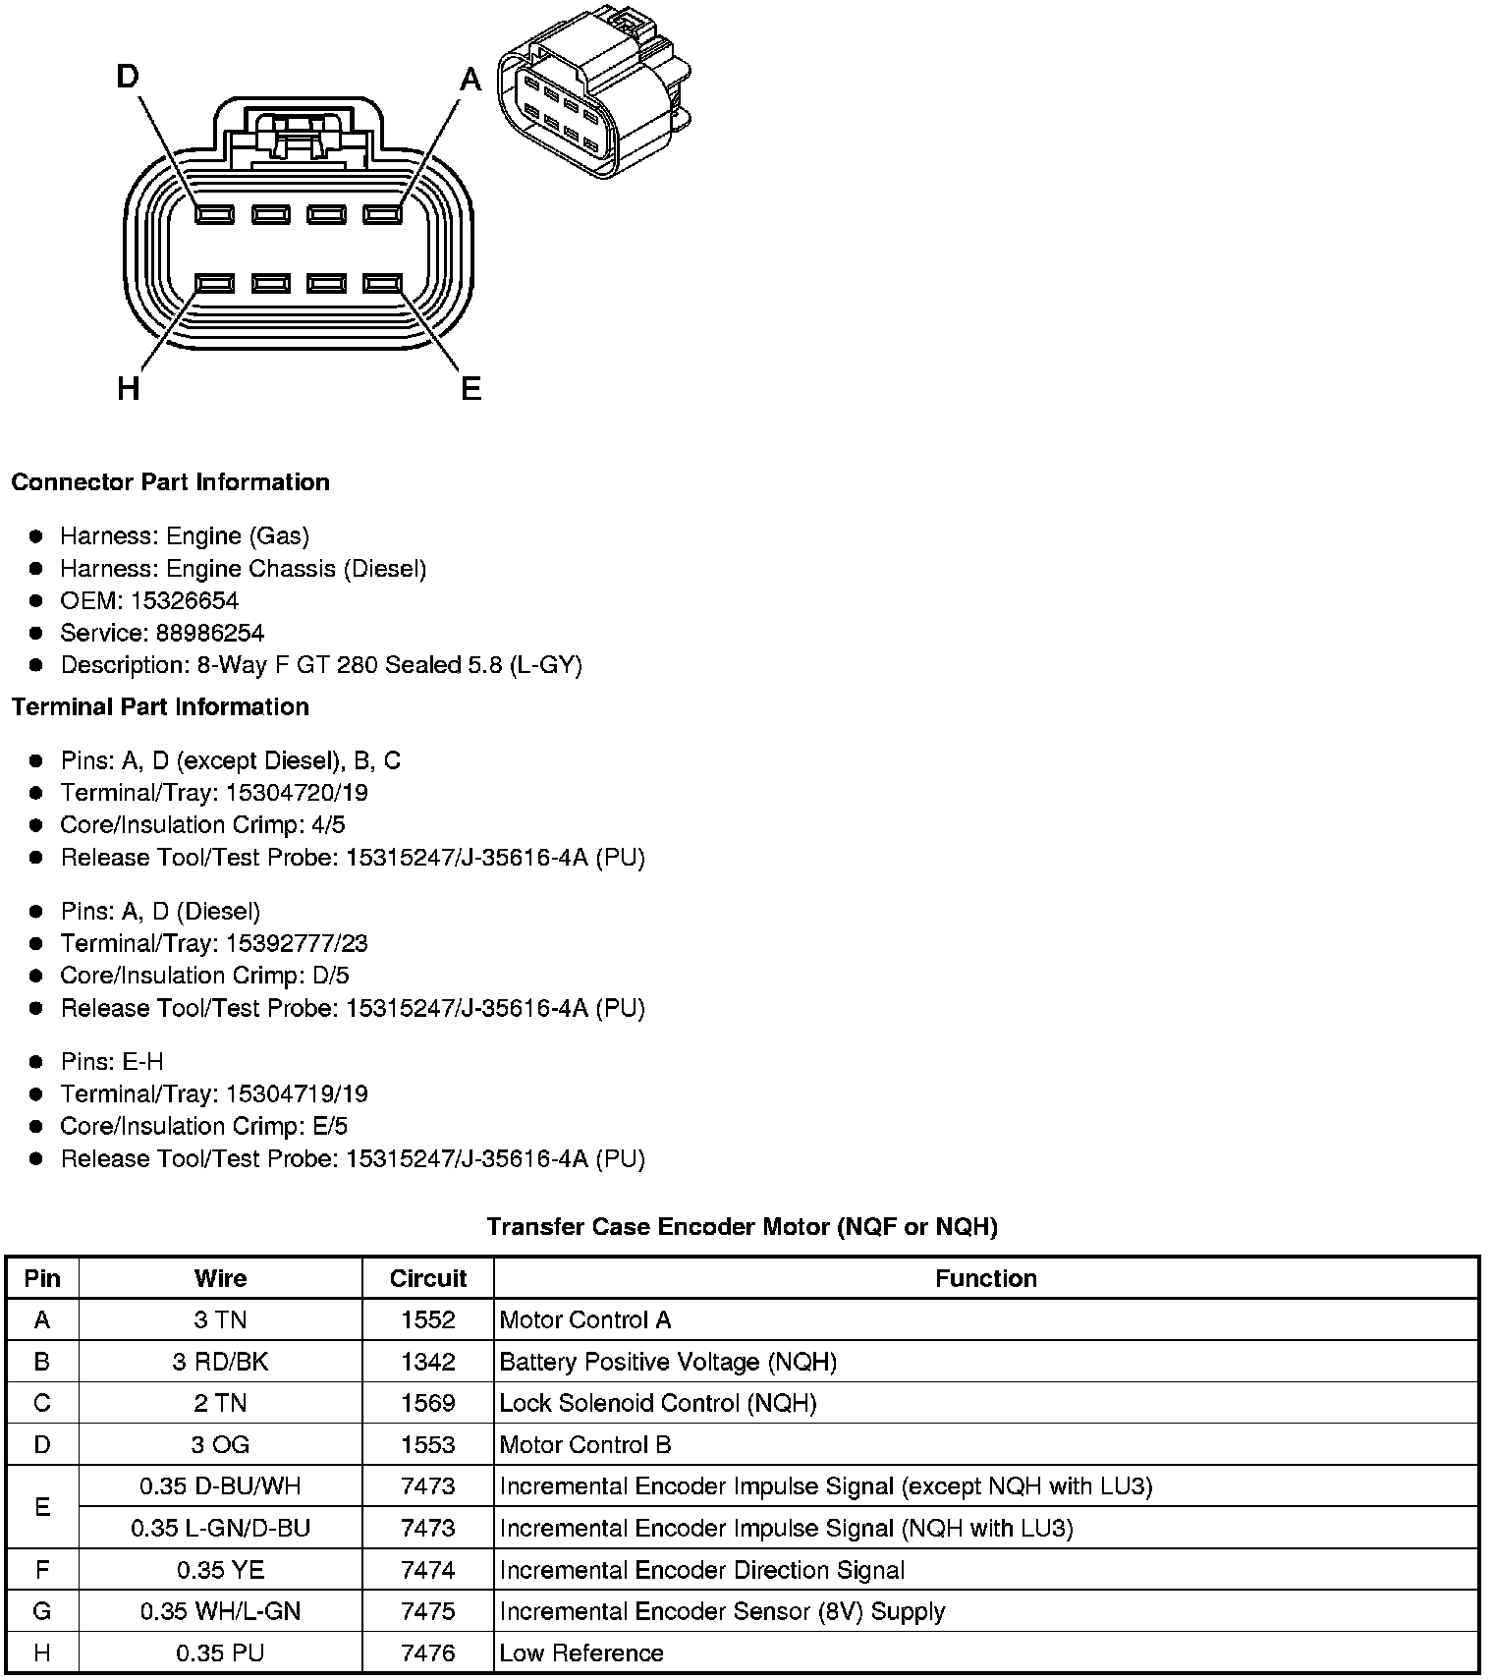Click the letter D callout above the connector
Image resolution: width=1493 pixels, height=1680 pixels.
[x=128, y=76]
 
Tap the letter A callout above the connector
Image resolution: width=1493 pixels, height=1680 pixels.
[x=471, y=79]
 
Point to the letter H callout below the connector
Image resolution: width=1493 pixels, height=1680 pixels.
[x=128, y=390]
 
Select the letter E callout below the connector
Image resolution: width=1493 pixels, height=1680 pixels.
[x=471, y=390]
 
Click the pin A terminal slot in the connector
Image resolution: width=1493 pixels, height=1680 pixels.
[x=382, y=214]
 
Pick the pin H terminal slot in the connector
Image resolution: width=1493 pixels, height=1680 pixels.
[x=214, y=284]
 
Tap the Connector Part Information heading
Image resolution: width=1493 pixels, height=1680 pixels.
[x=170, y=482]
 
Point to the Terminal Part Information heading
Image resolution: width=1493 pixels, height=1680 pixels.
[x=160, y=707]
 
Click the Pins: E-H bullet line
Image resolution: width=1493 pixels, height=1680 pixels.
[x=112, y=1062]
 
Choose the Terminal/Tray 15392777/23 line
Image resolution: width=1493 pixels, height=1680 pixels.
[x=213, y=944]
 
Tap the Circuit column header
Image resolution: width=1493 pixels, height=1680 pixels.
[x=427, y=1278]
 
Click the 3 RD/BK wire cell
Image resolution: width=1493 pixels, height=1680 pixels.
[x=220, y=1362]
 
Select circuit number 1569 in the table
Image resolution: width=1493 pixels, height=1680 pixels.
[x=427, y=1403]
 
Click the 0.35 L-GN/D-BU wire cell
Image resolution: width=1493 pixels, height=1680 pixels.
[x=220, y=1529]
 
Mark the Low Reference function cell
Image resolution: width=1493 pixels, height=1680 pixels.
[x=581, y=1653]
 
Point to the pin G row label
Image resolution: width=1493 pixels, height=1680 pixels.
[x=42, y=1612]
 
